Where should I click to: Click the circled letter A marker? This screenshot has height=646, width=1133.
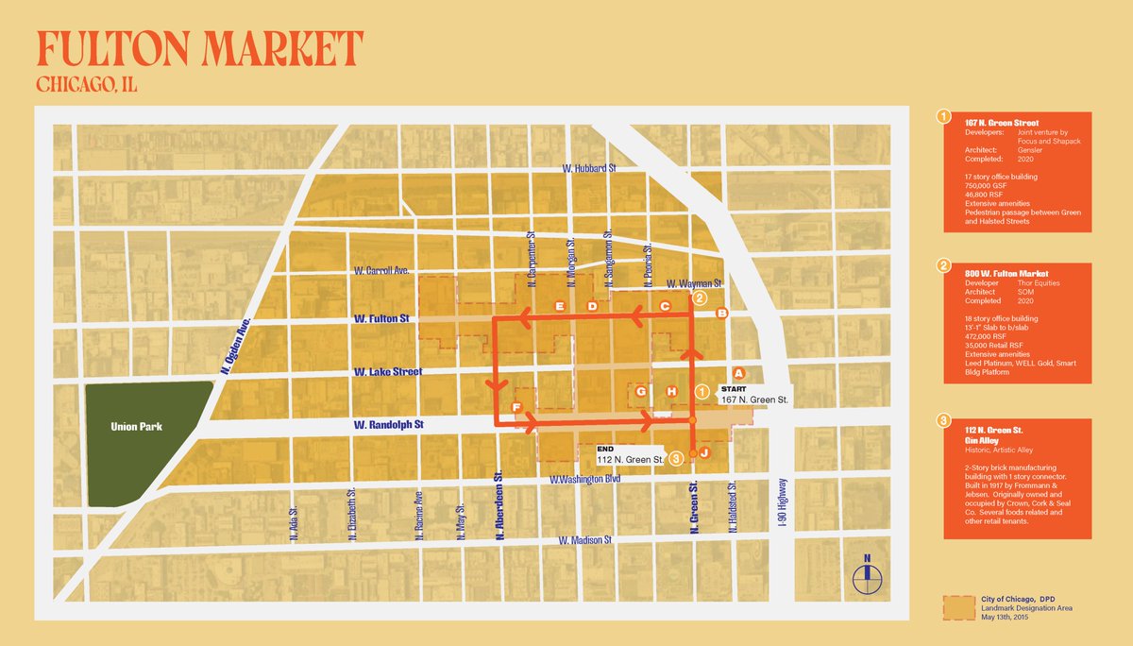[x=739, y=374]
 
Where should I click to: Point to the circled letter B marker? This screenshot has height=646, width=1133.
[x=722, y=313]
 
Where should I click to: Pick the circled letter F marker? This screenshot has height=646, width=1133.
[x=516, y=406]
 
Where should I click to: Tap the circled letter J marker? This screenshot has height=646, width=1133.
[x=703, y=453]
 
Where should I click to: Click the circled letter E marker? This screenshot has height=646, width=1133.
[x=560, y=306]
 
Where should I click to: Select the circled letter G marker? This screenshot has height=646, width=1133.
[x=641, y=391]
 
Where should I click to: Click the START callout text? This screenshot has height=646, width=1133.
[x=735, y=388]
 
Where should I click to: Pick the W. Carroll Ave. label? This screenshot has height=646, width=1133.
[x=381, y=270]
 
